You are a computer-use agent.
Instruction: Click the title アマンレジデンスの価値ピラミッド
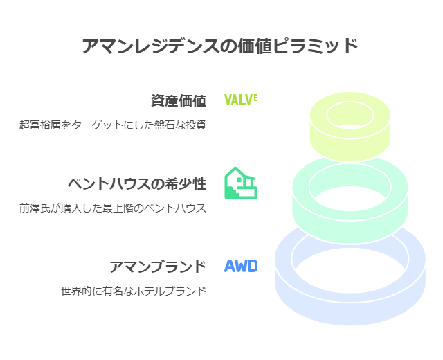[220, 46]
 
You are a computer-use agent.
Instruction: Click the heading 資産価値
[179, 100]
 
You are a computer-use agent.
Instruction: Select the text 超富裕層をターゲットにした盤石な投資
[113, 125]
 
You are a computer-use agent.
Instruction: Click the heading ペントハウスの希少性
[136, 183]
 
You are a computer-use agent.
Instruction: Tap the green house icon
[240, 183]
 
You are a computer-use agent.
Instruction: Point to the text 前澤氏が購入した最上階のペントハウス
[113, 208]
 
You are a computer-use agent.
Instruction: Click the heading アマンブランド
[158, 267]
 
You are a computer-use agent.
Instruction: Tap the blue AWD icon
[241, 266]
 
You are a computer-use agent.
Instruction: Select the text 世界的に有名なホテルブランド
[134, 291]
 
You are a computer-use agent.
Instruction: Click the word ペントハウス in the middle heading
[106, 183]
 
